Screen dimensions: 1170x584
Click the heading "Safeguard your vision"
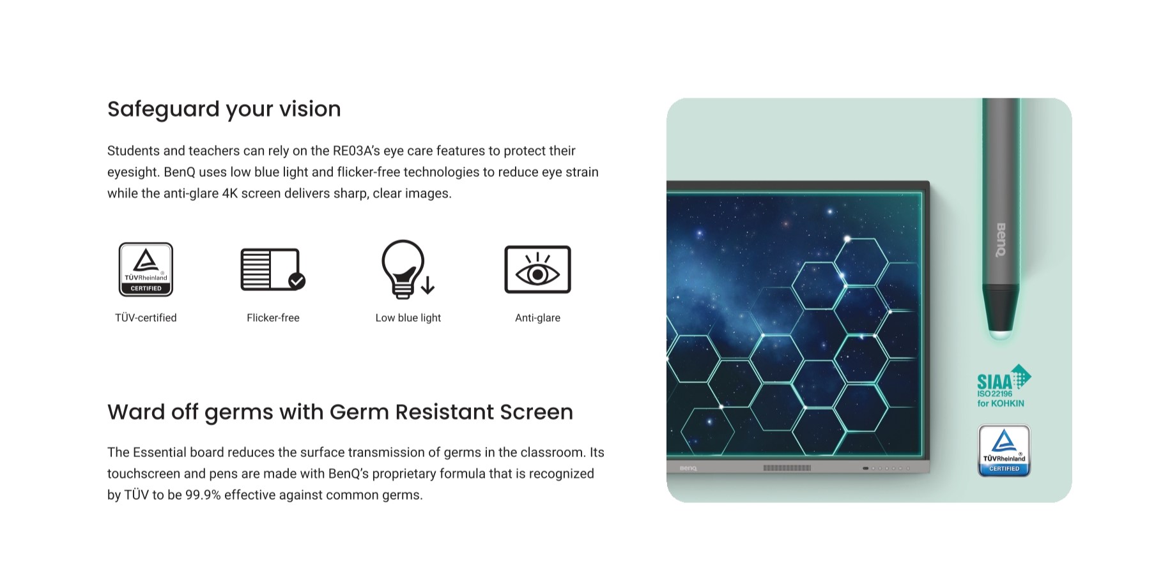(224, 109)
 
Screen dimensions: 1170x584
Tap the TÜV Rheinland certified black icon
(146, 269)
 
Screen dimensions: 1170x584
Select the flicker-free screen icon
(273, 269)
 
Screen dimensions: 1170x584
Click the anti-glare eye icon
(537, 269)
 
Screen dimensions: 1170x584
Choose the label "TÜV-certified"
(146, 318)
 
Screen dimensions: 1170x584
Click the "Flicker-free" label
(273, 318)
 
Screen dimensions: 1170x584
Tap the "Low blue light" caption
(408, 318)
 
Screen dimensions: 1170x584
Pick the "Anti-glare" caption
(537, 318)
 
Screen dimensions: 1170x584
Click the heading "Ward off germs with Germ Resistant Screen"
(340, 412)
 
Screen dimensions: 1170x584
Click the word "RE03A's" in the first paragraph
(356, 151)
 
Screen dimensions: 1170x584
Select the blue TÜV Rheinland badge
(1004, 451)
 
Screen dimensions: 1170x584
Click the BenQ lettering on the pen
(1001, 239)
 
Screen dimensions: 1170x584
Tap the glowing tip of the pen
(1001, 333)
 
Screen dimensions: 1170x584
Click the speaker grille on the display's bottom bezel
(787, 468)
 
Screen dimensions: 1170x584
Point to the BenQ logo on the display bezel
(688, 468)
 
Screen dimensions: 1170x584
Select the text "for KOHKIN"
(1001, 403)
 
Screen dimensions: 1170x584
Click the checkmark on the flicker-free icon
(296, 281)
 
